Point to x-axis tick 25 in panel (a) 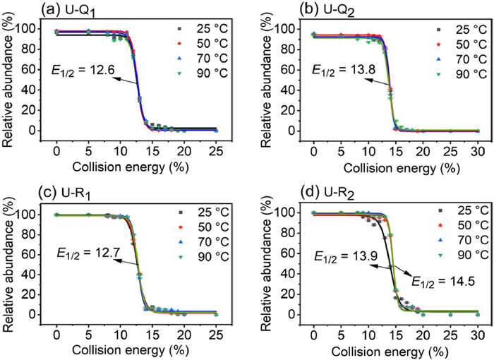[x=216, y=151]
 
